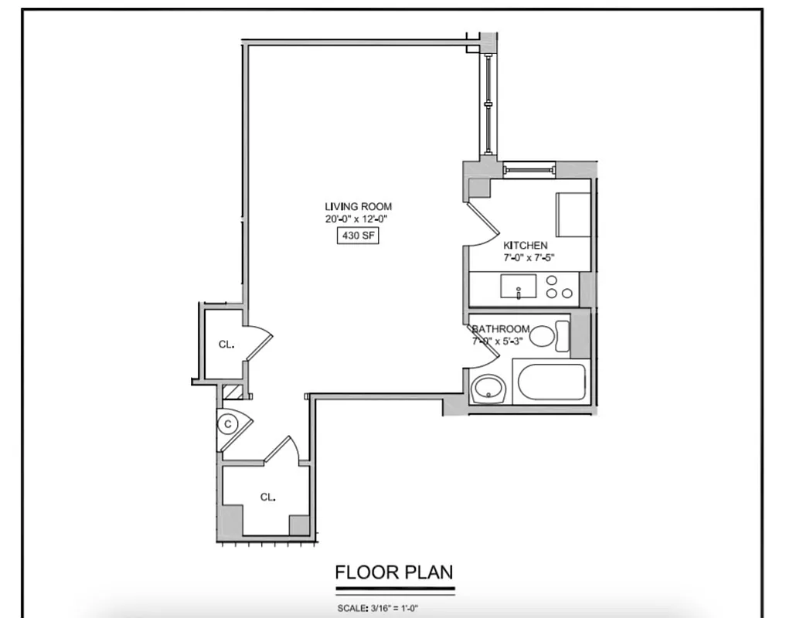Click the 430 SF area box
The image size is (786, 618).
(357, 237)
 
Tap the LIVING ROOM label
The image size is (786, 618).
(358, 206)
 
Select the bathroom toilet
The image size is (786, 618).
(550, 336)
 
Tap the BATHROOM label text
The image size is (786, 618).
(501, 329)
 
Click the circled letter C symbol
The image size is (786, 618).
(227, 423)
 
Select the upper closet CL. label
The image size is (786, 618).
(226, 345)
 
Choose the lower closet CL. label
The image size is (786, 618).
(267, 497)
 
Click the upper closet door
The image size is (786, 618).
(260, 343)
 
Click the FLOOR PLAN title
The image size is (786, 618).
(393, 572)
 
